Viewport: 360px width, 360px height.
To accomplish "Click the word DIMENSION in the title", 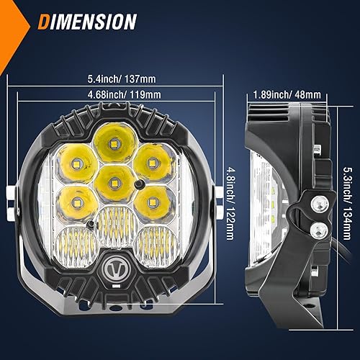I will [88, 22].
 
